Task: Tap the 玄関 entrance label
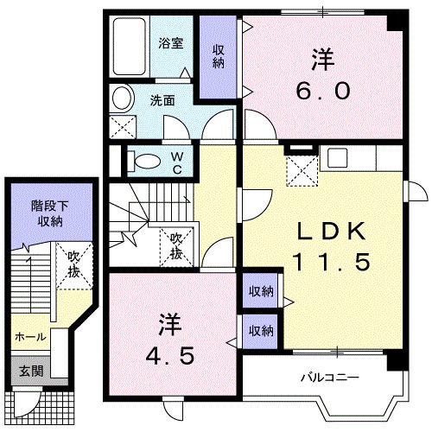pos(31,371)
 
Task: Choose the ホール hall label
pos(29,337)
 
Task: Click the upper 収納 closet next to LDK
pos(260,292)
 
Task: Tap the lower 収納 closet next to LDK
pos(260,330)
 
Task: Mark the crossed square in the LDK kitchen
pos(302,174)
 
